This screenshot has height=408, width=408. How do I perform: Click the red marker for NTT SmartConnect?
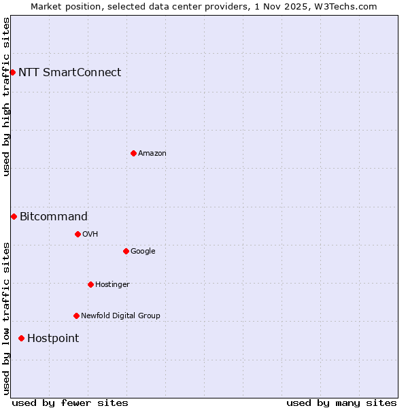tap(12, 72)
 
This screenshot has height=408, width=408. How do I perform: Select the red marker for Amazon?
tap(133, 153)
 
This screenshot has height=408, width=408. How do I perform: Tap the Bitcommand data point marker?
tap(14, 216)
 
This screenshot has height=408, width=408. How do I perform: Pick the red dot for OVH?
tap(78, 234)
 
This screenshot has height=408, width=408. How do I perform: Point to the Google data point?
tap(126, 251)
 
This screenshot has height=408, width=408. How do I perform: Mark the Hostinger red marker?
tap(90, 284)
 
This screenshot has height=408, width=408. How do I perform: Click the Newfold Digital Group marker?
tap(76, 316)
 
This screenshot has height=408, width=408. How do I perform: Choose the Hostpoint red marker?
tap(21, 338)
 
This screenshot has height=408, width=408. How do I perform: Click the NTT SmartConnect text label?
tap(69, 72)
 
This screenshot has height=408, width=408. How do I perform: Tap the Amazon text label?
tap(152, 153)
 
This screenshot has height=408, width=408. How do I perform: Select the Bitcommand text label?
tap(54, 216)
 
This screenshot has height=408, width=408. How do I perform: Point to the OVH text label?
tap(90, 234)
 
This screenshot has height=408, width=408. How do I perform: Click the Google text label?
tap(143, 251)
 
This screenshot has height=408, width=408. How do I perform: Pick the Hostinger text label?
tap(112, 284)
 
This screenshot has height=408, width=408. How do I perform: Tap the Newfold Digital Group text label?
tap(120, 316)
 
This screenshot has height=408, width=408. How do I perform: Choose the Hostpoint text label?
tap(53, 338)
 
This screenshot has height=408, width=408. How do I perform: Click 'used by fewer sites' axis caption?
tap(70, 403)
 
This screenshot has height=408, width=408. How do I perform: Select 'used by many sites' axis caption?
tap(341, 403)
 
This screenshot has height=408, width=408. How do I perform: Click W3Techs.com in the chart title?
tap(350, 6)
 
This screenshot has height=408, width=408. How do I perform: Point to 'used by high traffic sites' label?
tap(6, 97)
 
